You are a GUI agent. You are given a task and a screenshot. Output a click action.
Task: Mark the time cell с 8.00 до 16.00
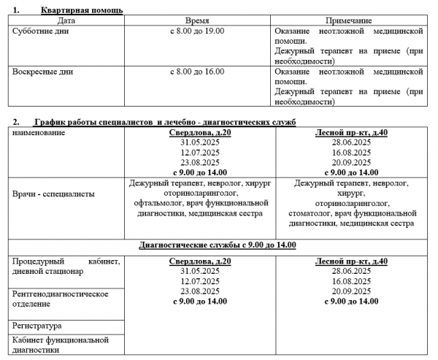197,72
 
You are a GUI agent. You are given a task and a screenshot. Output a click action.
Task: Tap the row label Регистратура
37,325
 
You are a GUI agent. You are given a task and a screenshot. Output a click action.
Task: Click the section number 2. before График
17,121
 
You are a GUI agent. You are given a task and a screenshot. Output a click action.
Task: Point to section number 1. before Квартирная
17,11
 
